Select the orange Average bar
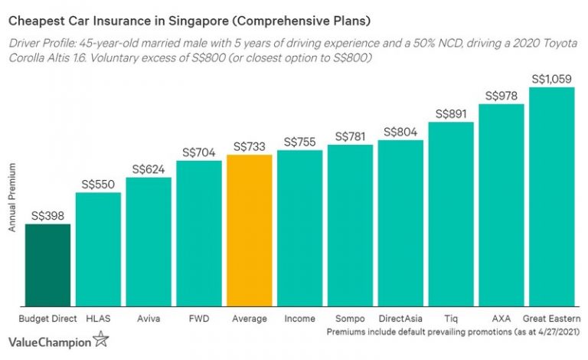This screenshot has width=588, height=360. (250, 231)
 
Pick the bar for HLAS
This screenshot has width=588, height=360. (98, 249)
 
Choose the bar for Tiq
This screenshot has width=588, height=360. (451, 214)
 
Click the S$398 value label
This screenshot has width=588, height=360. (47, 217)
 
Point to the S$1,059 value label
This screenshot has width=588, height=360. (551, 79)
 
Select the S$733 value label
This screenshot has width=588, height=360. (250, 146)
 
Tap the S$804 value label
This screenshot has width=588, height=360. (400, 132)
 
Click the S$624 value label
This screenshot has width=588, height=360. (149, 169)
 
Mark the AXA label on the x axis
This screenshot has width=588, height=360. (501, 318)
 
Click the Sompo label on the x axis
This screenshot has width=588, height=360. (350, 318)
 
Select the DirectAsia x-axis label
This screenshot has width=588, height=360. (400, 318)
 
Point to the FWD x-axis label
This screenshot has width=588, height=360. (199, 318)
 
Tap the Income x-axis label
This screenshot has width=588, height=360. (299, 318)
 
